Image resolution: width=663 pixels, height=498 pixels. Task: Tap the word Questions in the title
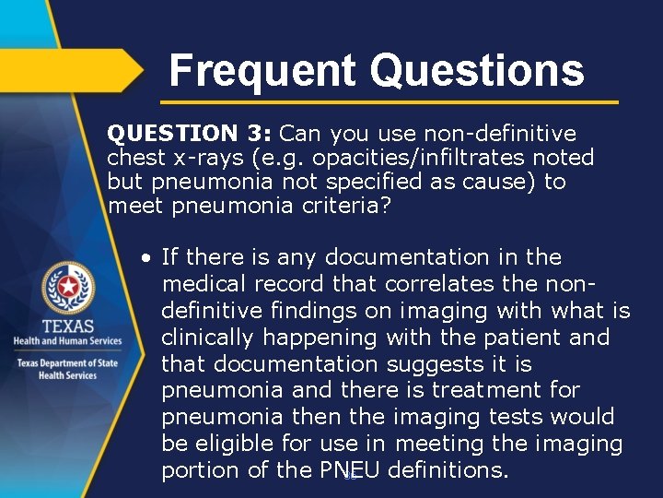(476, 71)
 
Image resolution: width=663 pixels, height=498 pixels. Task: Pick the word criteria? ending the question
(347, 206)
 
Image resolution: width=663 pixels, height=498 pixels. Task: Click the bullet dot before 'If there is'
(146, 257)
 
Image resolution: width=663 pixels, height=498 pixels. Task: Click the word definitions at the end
(446, 470)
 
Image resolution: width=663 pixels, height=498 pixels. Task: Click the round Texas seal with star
(66, 288)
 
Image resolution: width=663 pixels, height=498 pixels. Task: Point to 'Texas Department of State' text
(66, 362)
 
